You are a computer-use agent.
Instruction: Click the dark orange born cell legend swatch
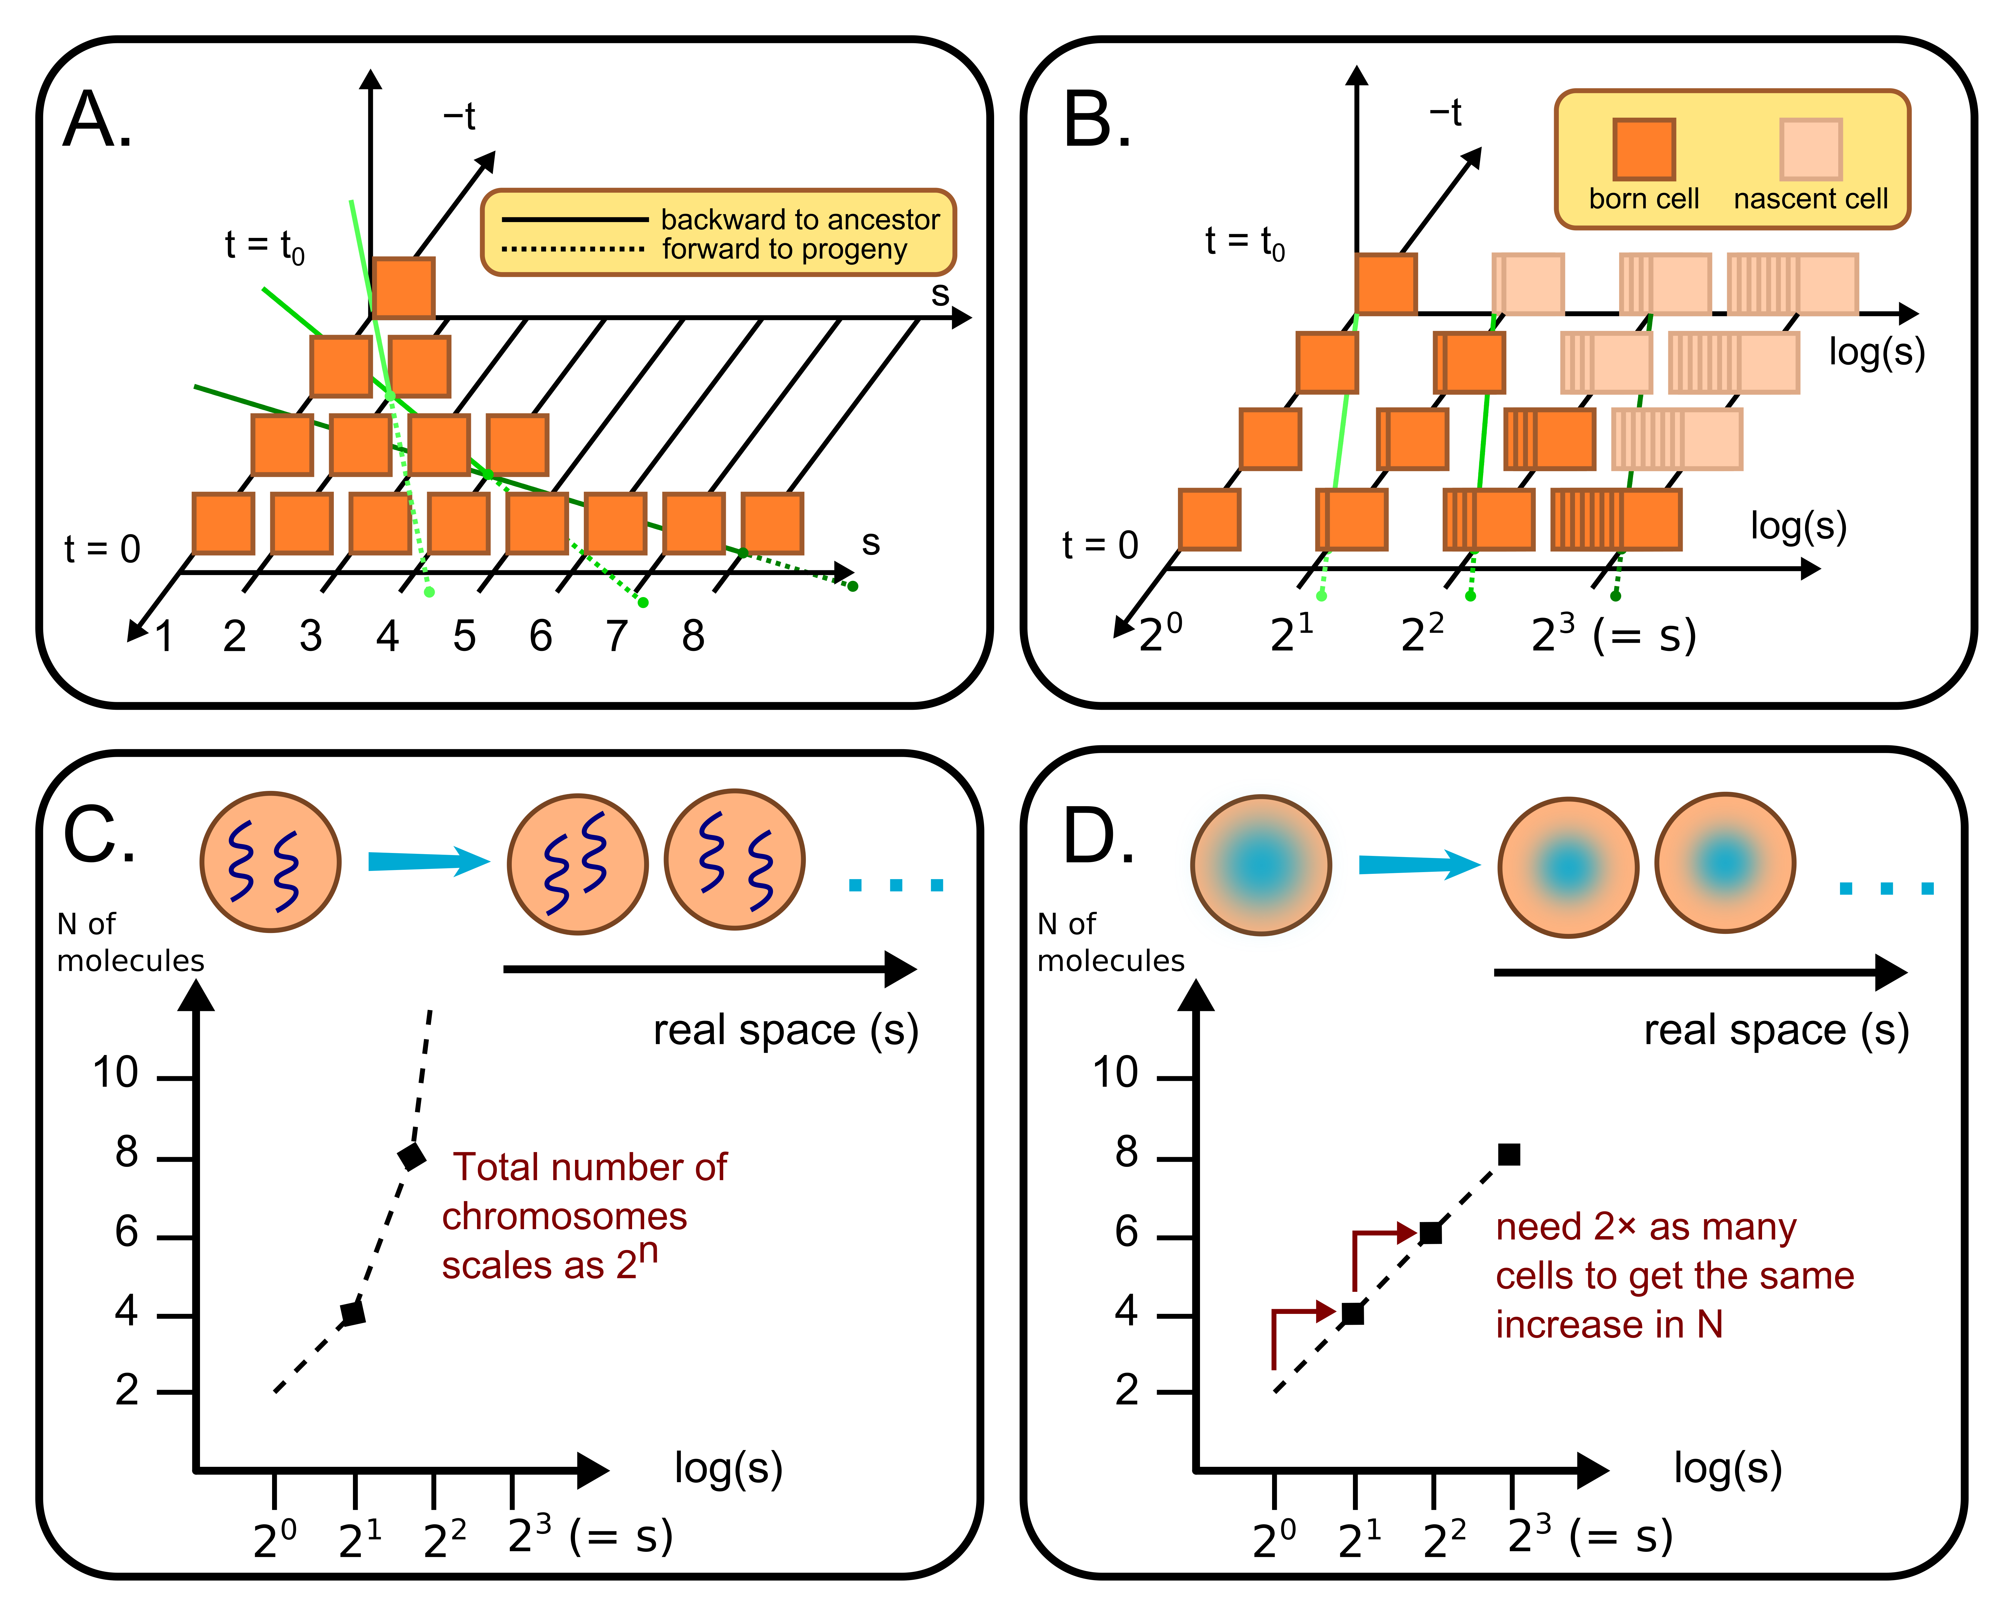coord(1643,149)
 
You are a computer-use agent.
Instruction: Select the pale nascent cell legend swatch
coord(1810,149)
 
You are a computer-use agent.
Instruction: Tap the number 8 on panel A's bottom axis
coord(693,636)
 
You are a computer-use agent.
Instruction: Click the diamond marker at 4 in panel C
coord(353,1313)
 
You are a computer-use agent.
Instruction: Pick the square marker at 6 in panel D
coord(1430,1233)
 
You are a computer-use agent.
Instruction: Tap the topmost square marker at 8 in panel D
coord(1509,1154)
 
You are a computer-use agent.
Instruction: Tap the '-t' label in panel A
coord(459,117)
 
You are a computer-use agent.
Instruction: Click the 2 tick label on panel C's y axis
coord(127,1390)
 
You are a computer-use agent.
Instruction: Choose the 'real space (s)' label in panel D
coord(1776,1030)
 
